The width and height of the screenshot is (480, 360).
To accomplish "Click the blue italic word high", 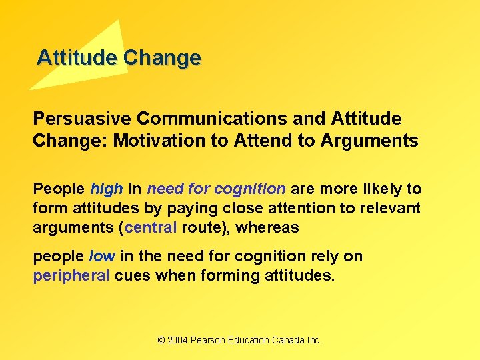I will [x=107, y=189].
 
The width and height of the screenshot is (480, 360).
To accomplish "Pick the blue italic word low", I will [x=102, y=257].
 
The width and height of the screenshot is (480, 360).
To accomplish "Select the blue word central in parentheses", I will [x=151, y=227].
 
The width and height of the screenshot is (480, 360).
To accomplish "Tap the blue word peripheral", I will [x=71, y=275].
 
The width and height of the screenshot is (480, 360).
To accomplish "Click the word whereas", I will [x=267, y=227].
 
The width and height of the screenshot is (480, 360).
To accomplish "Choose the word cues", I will [x=133, y=275].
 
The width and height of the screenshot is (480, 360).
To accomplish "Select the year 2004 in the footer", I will [x=177, y=340].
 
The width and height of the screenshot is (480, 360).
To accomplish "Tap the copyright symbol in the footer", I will [x=161, y=340].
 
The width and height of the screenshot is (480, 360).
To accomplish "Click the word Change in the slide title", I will [x=162, y=57].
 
